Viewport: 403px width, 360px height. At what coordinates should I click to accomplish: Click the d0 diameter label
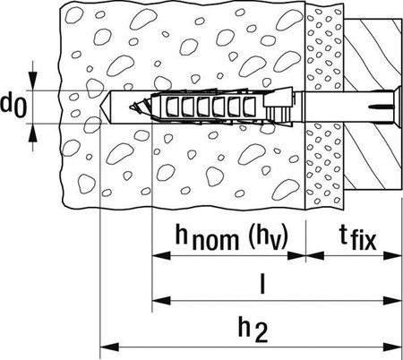[13, 106]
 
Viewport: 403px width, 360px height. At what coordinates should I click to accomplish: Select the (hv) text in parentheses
[268, 236]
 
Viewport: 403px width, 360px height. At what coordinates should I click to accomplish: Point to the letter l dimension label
[262, 284]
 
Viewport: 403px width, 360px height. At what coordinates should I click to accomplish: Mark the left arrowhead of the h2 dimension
[109, 347]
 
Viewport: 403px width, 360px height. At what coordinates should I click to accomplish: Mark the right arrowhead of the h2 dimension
[392, 347]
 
